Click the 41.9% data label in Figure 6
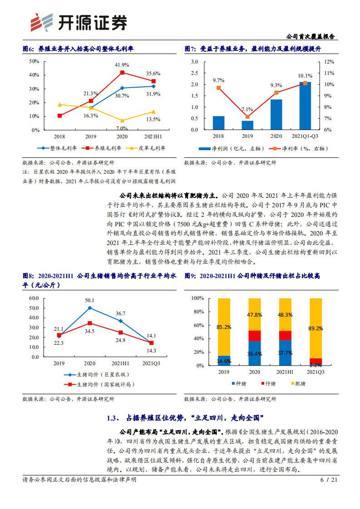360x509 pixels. [122, 65]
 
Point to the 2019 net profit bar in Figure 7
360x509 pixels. [247, 125]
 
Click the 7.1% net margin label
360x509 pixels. [247, 109]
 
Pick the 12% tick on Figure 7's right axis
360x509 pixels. [329, 62]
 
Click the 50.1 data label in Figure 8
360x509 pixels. [89, 300]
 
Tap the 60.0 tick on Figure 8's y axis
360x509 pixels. [33, 298]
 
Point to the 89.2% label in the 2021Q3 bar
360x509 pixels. [316, 328]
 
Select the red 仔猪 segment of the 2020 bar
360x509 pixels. [255, 336]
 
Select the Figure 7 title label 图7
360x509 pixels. [190, 49]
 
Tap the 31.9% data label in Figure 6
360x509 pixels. [153, 94]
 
